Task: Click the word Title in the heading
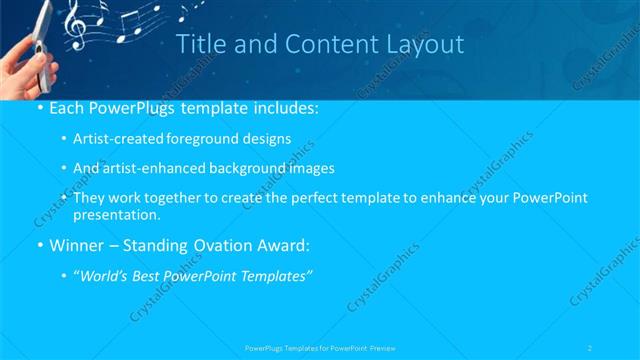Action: click(200, 44)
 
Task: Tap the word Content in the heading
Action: click(319, 44)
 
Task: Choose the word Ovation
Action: click(229, 244)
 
